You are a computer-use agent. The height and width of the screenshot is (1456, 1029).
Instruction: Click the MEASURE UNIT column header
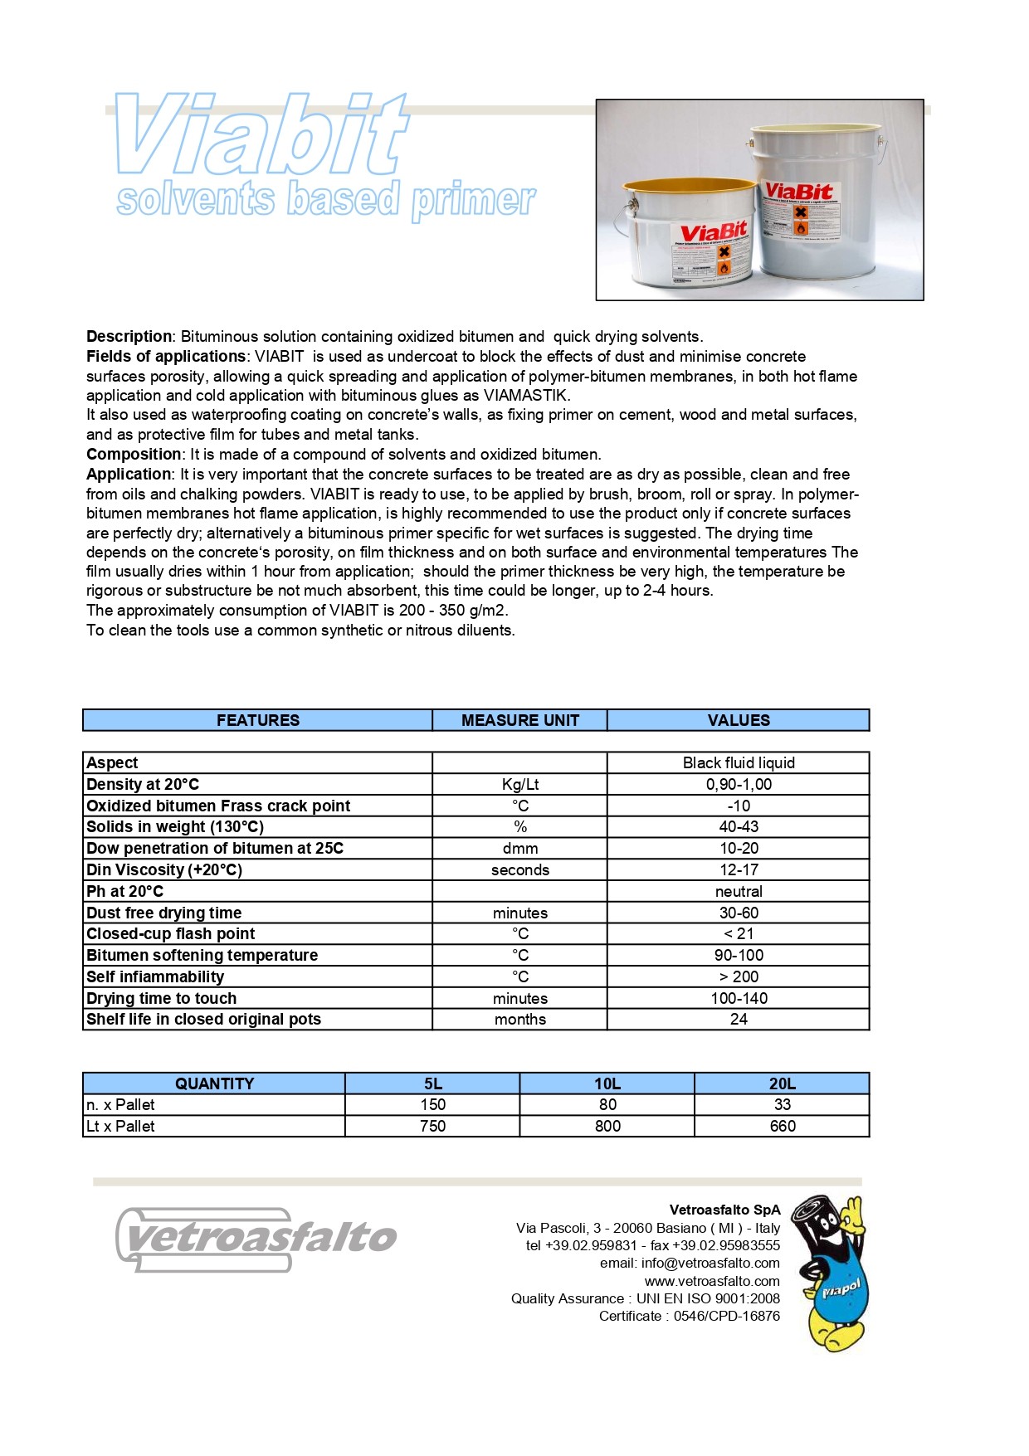point(519,720)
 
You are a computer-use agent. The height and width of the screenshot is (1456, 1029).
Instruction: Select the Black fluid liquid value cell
point(739,762)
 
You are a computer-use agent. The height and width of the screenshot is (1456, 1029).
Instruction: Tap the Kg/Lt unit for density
point(519,784)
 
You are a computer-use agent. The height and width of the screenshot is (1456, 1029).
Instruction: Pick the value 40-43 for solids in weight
point(739,826)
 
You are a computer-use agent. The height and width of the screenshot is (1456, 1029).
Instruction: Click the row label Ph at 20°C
point(125,891)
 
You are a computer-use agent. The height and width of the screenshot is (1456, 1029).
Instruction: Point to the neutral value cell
point(739,891)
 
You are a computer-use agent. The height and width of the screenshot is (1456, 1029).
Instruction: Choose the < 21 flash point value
point(739,933)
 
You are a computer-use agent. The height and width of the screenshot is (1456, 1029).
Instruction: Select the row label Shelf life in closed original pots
point(203,1019)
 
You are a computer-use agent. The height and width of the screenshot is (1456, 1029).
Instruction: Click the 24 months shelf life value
point(739,1019)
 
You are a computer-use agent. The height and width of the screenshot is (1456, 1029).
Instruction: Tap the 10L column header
point(607,1083)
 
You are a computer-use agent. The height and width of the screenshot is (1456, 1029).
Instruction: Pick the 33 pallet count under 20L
point(782,1104)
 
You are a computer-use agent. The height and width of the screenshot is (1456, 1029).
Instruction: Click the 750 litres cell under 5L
point(432,1126)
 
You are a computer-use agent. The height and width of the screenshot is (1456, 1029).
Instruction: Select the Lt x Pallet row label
point(121,1126)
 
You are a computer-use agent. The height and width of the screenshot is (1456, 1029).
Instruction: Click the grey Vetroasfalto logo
point(256,1239)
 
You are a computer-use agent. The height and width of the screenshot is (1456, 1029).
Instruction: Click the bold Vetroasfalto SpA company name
point(724,1210)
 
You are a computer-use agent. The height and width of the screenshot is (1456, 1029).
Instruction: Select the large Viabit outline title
point(261,134)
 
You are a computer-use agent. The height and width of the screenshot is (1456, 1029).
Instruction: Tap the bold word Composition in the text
point(134,454)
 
